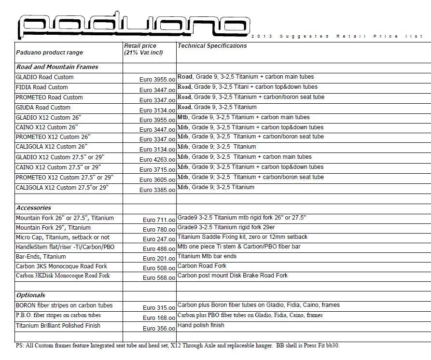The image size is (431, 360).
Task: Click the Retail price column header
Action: coord(143,49)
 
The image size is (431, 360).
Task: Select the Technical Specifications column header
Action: coord(212,46)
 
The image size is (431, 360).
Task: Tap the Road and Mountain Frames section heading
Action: coord(57,67)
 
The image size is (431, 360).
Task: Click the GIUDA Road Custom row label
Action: coord(43,108)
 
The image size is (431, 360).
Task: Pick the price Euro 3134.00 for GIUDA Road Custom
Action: coord(157,111)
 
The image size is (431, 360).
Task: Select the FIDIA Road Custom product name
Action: coord(42,87)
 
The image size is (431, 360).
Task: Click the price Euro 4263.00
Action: coord(157,160)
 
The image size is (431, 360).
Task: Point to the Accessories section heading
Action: coord(33,208)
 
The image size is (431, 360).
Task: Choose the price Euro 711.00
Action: coord(159,220)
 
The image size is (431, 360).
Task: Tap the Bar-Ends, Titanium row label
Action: coord(41,257)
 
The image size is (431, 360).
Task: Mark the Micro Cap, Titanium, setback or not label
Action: coord(63,237)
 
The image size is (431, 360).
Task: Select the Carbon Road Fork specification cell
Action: coord(202,266)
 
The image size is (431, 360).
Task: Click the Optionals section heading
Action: coord(31,295)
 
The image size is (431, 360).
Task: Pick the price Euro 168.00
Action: coord(159,318)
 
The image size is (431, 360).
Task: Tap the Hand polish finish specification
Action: coord(201,325)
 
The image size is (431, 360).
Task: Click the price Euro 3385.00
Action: coord(157,190)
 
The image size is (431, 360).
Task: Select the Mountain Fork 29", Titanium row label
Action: coord(53,228)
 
